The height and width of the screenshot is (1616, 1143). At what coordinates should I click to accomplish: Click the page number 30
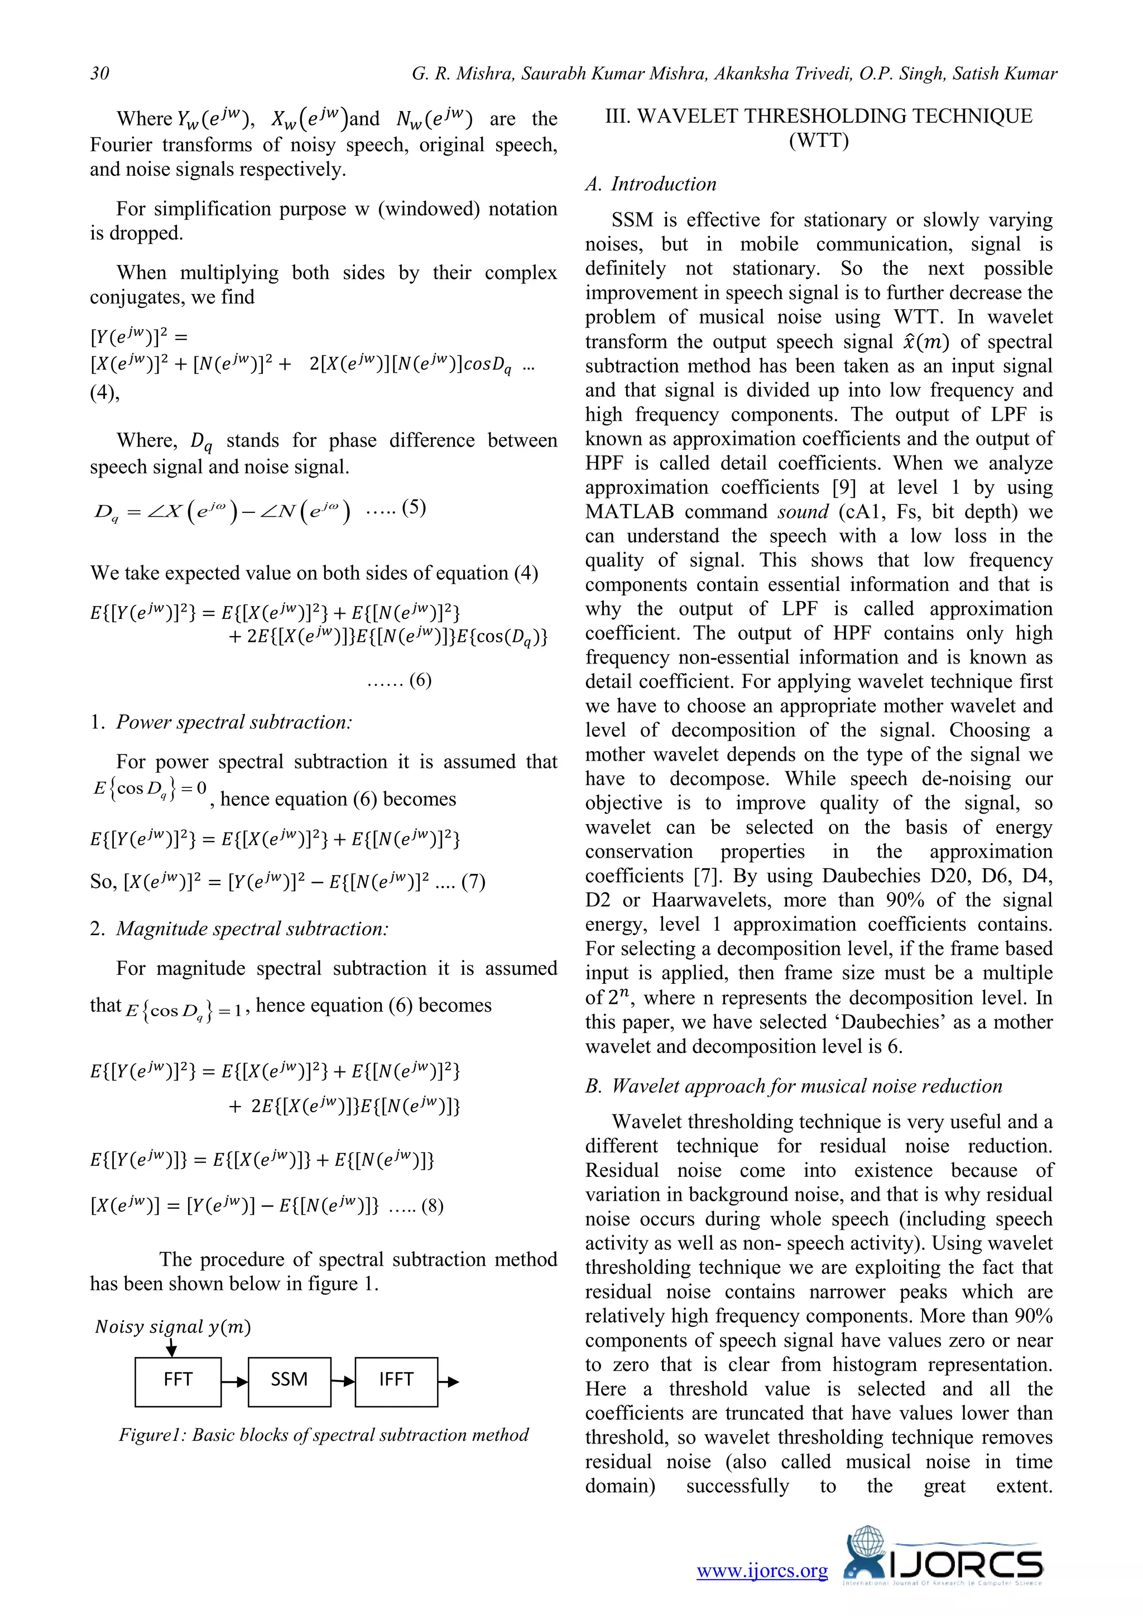99,73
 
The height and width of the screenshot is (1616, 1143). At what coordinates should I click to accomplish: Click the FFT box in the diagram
178,1380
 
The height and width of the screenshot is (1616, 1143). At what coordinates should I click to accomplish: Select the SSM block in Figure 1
289,1380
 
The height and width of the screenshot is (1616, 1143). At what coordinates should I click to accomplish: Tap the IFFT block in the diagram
396,1380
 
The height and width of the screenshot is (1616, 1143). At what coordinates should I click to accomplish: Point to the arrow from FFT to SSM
235,1381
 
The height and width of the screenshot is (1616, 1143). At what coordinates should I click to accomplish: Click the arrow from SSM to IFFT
343,1381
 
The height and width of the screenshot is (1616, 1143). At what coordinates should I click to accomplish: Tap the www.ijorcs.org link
762,1570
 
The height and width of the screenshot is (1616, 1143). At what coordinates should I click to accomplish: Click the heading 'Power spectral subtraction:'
234,722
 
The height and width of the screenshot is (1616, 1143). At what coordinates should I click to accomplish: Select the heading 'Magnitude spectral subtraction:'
252,929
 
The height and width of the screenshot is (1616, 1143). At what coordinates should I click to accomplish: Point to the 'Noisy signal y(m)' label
173,1327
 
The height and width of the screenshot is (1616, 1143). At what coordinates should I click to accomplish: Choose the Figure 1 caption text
324,1435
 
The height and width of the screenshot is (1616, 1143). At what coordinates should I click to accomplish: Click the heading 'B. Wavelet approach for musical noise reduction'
793,1086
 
